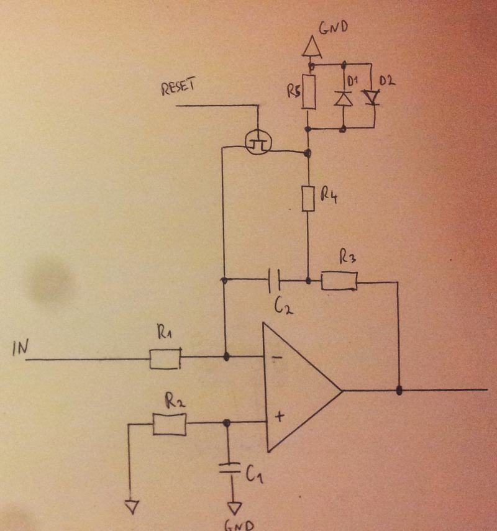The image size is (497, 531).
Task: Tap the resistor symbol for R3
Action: click(339, 281)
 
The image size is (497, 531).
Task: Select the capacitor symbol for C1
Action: click(230, 468)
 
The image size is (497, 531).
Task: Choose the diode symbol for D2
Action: click(372, 97)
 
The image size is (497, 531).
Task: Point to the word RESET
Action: click(178, 89)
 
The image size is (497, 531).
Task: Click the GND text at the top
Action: click(334, 28)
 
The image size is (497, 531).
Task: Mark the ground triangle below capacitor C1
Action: click(234, 507)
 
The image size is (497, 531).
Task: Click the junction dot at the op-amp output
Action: click(399, 391)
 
